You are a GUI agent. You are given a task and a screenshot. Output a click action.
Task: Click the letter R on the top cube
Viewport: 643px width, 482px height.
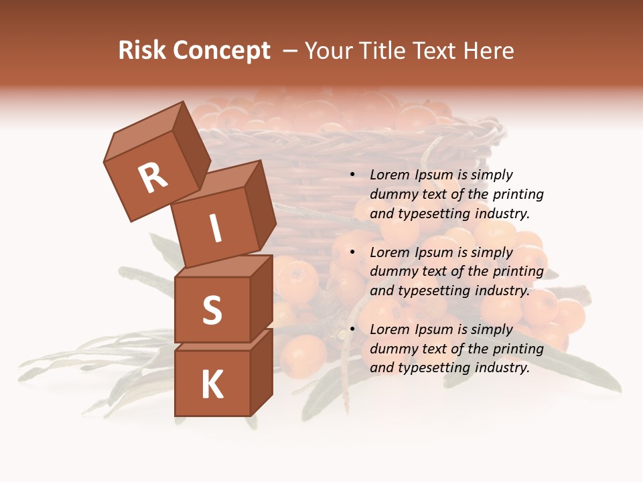(x=153, y=177)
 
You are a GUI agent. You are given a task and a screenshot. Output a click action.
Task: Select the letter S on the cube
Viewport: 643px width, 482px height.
(x=212, y=310)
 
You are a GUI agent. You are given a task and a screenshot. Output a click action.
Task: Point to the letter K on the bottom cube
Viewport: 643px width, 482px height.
(x=212, y=385)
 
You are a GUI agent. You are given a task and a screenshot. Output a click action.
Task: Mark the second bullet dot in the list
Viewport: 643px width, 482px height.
(x=352, y=252)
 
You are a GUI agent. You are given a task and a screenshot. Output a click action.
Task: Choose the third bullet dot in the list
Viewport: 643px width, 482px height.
(x=352, y=329)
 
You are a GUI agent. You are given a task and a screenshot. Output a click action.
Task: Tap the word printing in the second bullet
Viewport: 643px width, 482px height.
(x=518, y=272)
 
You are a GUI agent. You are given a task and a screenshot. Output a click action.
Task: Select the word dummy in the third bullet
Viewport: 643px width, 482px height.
(x=392, y=349)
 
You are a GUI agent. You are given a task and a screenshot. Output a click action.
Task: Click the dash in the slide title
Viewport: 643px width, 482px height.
(x=290, y=51)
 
